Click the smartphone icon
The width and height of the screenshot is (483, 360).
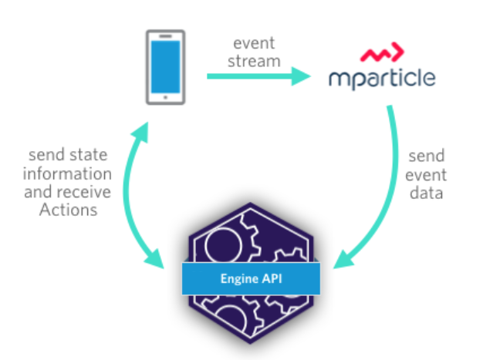[165, 67]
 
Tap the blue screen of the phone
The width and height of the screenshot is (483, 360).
[165, 66]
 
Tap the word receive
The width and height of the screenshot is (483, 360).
[84, 191]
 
